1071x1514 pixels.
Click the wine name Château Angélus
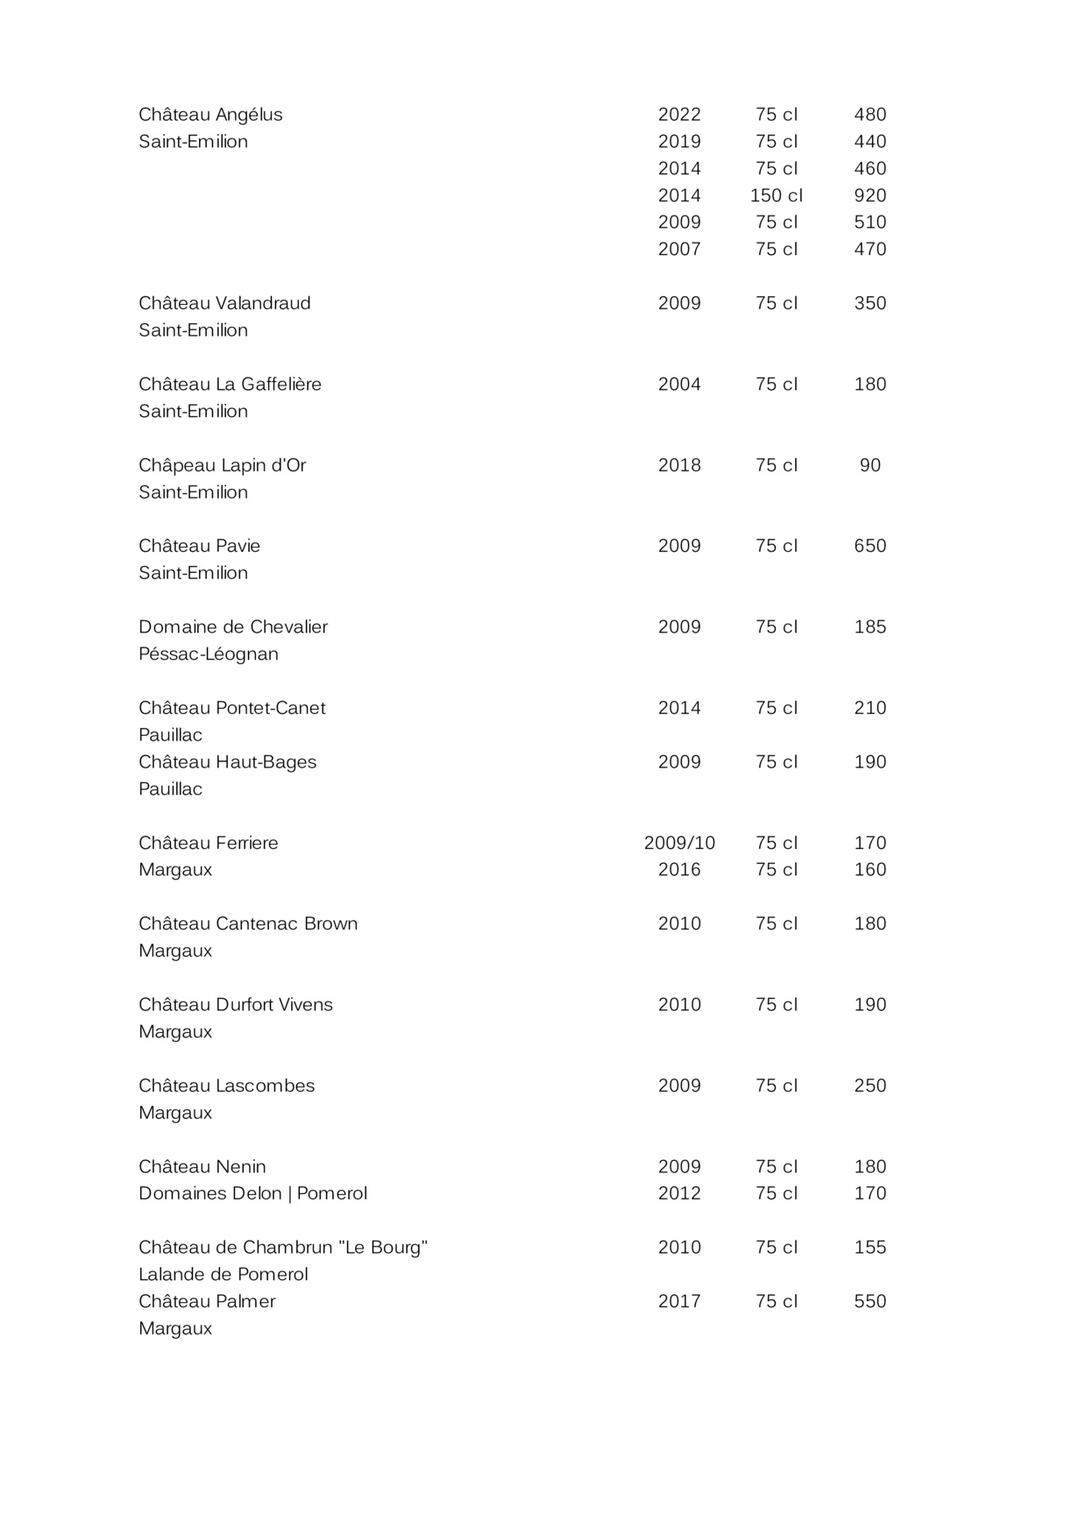[x=210, y=115]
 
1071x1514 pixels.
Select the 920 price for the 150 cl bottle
[x=869, y=195]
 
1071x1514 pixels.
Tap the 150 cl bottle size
[x=776, y=195]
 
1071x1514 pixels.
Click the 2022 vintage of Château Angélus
[x=679, y=115]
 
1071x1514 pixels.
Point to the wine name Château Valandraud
[x=224, y=303]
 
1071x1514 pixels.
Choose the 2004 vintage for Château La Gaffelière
[x=679, y=384]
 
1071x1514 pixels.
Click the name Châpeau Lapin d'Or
[x=222, y=465]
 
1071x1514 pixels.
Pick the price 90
[x=869, y=465]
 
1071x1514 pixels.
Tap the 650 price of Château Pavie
[x=869, y=546]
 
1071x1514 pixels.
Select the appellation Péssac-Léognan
[x=209, y=654]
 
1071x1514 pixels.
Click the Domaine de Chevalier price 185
[x=869, y=626]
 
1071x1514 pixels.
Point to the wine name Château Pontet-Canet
[x=231, y=708]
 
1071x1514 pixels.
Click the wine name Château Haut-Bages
[x=227, y=762]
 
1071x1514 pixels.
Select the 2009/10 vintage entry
[x=679, y=843]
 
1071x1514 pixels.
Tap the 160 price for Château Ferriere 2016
[x=869, y=869]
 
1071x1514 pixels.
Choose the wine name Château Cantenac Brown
[x=248, y=923]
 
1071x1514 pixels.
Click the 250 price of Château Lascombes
[x=869, y=1086]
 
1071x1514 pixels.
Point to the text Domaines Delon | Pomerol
[x=252, y=1193]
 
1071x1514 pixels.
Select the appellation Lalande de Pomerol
[x=223, y=1274]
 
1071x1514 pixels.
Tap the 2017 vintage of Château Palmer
[x=679, y=1301]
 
